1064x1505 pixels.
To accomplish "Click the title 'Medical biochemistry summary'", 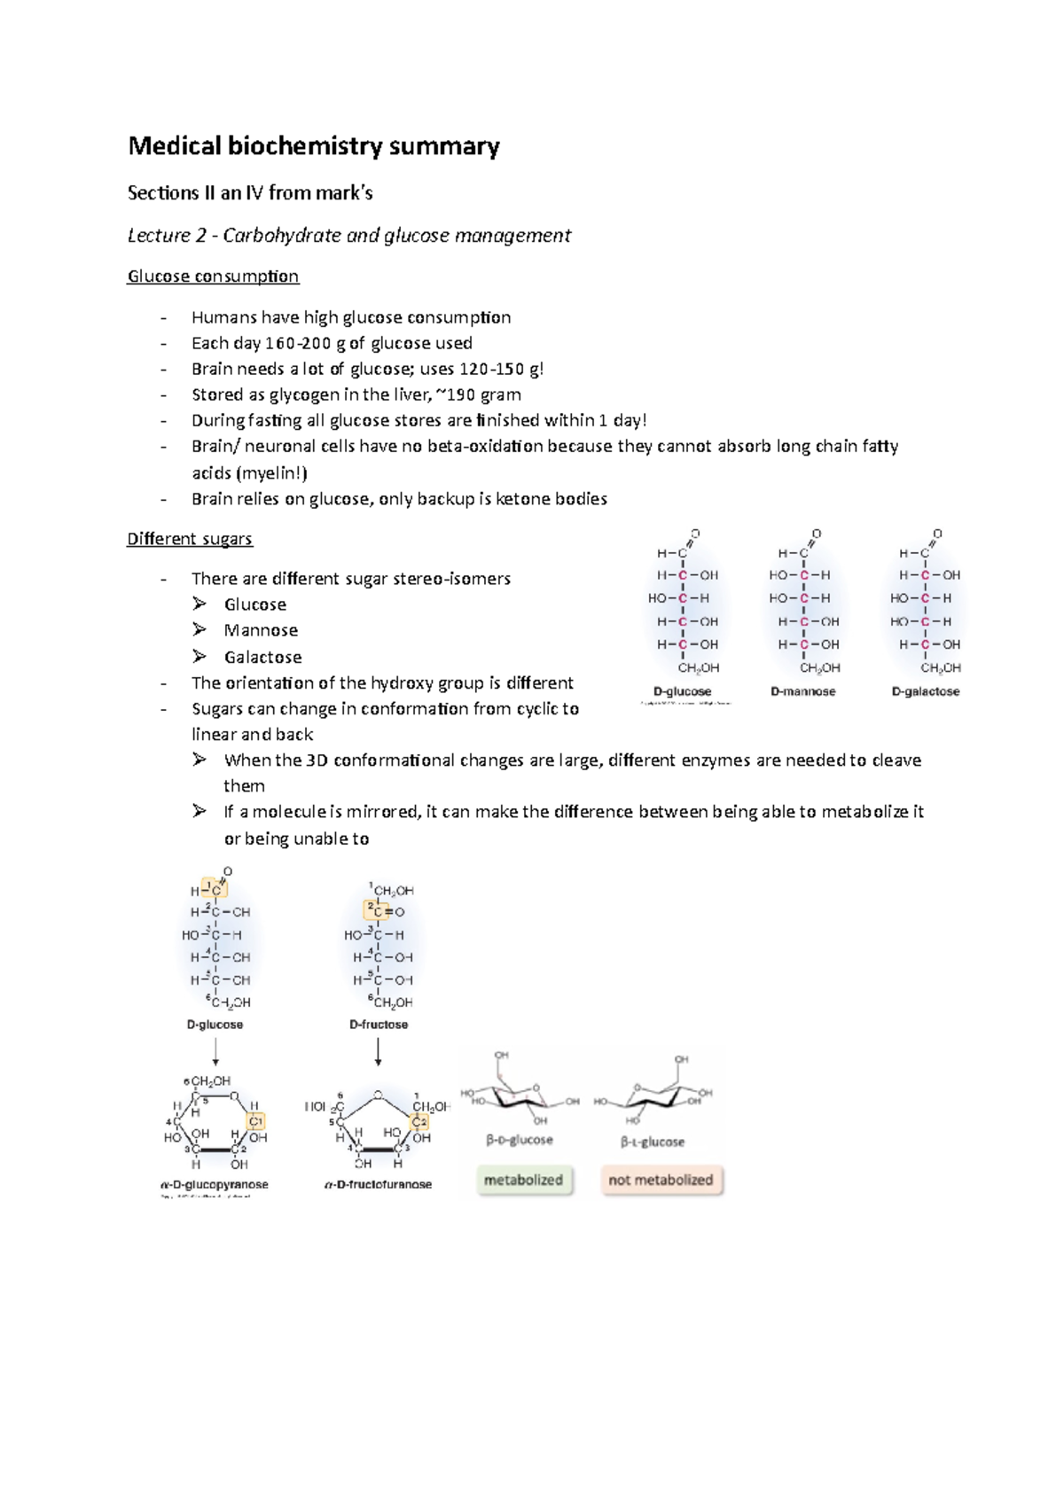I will (x=314, y=146).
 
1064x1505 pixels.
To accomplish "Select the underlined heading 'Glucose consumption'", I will (x=213, y=277).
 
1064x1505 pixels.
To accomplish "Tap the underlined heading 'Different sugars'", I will (x=189, y=539).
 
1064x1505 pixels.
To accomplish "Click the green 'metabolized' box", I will (x=523, y=1180).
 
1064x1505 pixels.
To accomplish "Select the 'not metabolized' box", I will (x=661, y=1180).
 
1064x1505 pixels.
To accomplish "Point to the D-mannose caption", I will (x=802, y=691).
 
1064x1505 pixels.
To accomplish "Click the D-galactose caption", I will (x=925, y=691).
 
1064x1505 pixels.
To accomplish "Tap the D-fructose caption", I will (x=379, y=1025).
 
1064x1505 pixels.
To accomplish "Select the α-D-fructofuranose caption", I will (x=379, y=1184).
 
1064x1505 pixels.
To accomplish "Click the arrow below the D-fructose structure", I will (x=379, y=1051).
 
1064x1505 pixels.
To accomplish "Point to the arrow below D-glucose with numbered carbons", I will (x=215, y=1051).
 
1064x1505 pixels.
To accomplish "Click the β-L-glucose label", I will (x=652, y=1142).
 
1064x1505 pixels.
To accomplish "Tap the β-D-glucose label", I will (x=520, y=1140).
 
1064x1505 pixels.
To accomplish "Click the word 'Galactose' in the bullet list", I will (x=262, y=658).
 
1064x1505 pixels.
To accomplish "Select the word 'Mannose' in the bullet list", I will (x=261, y=631).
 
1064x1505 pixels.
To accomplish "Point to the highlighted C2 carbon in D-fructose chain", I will (x=377, y=910).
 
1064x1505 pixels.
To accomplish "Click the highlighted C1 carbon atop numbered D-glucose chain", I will (x=215, y=889).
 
